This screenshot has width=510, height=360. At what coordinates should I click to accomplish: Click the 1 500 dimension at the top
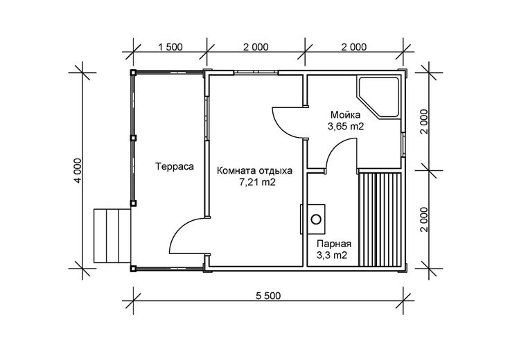tap(170, 47)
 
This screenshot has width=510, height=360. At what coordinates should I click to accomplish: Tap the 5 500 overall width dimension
tap(268, 296)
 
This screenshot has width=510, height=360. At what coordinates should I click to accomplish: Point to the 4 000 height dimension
tap(78, 170)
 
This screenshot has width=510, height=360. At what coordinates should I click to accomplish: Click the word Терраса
tap(175, 167)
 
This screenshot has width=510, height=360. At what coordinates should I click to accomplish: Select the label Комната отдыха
tap(255, 171)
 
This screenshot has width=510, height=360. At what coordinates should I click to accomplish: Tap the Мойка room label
tap(345, 115)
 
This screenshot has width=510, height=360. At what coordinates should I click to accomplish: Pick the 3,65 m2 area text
tap(345, 127)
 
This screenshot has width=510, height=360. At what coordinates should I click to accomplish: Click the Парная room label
tap(334, 244)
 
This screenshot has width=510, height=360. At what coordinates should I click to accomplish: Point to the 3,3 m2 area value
tap(332, 255)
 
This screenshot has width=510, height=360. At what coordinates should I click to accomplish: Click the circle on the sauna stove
tap(316, 219)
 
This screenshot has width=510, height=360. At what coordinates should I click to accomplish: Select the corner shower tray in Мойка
tap(378, 97)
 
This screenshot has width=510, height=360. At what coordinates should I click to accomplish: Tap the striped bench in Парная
tap(380, 220)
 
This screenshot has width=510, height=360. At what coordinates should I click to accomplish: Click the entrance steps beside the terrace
tap(112, 235)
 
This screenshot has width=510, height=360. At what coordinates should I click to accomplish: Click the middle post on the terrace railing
tap(133, 138)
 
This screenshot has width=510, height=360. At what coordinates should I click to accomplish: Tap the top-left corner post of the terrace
tap(133, 72)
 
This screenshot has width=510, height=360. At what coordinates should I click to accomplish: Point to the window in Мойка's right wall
tap(403, 144)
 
